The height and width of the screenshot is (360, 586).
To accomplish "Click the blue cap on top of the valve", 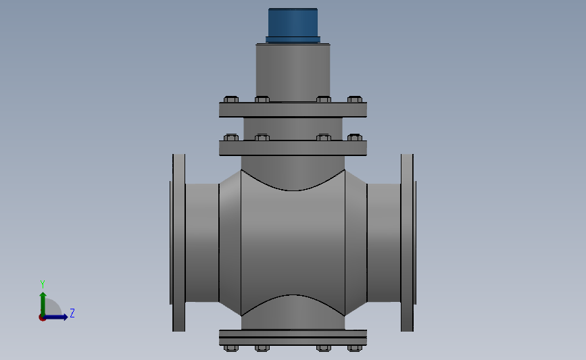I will click(x=293, y=24).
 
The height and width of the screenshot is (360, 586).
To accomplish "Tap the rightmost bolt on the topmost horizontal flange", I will click(x=355, y=99).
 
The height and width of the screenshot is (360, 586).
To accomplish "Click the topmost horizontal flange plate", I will click(x=293, y=109).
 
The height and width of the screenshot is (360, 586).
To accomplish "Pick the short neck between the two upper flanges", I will click(x=293, y=128).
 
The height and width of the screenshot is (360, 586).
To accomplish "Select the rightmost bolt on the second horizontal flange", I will click(x=355, y=138).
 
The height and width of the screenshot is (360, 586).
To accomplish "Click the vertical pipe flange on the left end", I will click(x=178, y=242).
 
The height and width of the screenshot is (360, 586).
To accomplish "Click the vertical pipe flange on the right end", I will click(x=407, y=242).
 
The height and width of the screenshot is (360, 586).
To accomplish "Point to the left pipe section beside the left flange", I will click(x=202, y=242).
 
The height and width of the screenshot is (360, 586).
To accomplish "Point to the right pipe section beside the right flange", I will click(x=383, y=242).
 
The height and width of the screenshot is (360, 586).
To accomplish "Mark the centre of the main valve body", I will click(x=293, y=242).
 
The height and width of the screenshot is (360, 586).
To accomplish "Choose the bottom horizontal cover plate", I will click(x=293, y=336).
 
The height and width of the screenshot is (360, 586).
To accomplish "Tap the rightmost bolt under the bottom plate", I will click(x=355, y=348).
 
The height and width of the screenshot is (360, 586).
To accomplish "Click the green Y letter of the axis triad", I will click(x=42, y=284).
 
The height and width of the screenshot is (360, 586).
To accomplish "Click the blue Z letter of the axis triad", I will click(x=72, y=313).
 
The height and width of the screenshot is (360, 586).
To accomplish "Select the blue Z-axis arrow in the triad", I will click(x=57, y=317).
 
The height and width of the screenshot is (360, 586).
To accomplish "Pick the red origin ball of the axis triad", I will click(x=42, y=317).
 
